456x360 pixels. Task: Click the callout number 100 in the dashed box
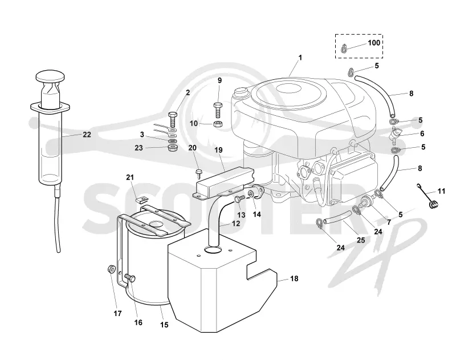tap(374, 43)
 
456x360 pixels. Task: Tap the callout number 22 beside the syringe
tap(87, 135)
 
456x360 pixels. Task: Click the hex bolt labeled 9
tap(218, 110)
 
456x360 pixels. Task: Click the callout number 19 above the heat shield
tap(218, 150)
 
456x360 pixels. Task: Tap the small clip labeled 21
tap(142, 199)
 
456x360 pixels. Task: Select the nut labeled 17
tap(111, 269)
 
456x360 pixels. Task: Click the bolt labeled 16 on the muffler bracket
tap(130, 278)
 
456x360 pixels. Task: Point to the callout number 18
tap(294, 278)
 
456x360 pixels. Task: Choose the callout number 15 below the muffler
tap(164, 325)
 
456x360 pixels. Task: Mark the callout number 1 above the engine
tap(300, 58)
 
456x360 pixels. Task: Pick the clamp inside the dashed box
tap(344, 48)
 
